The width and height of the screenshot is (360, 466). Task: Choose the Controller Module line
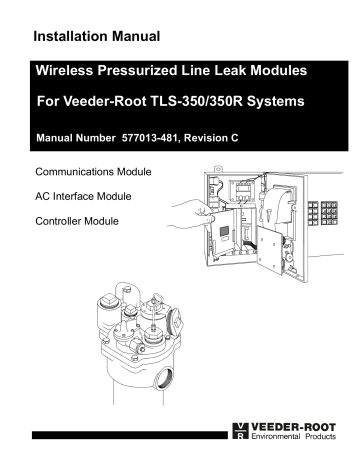(x=76, y=219)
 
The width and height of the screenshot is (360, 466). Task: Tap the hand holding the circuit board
(x=191, y=206)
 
